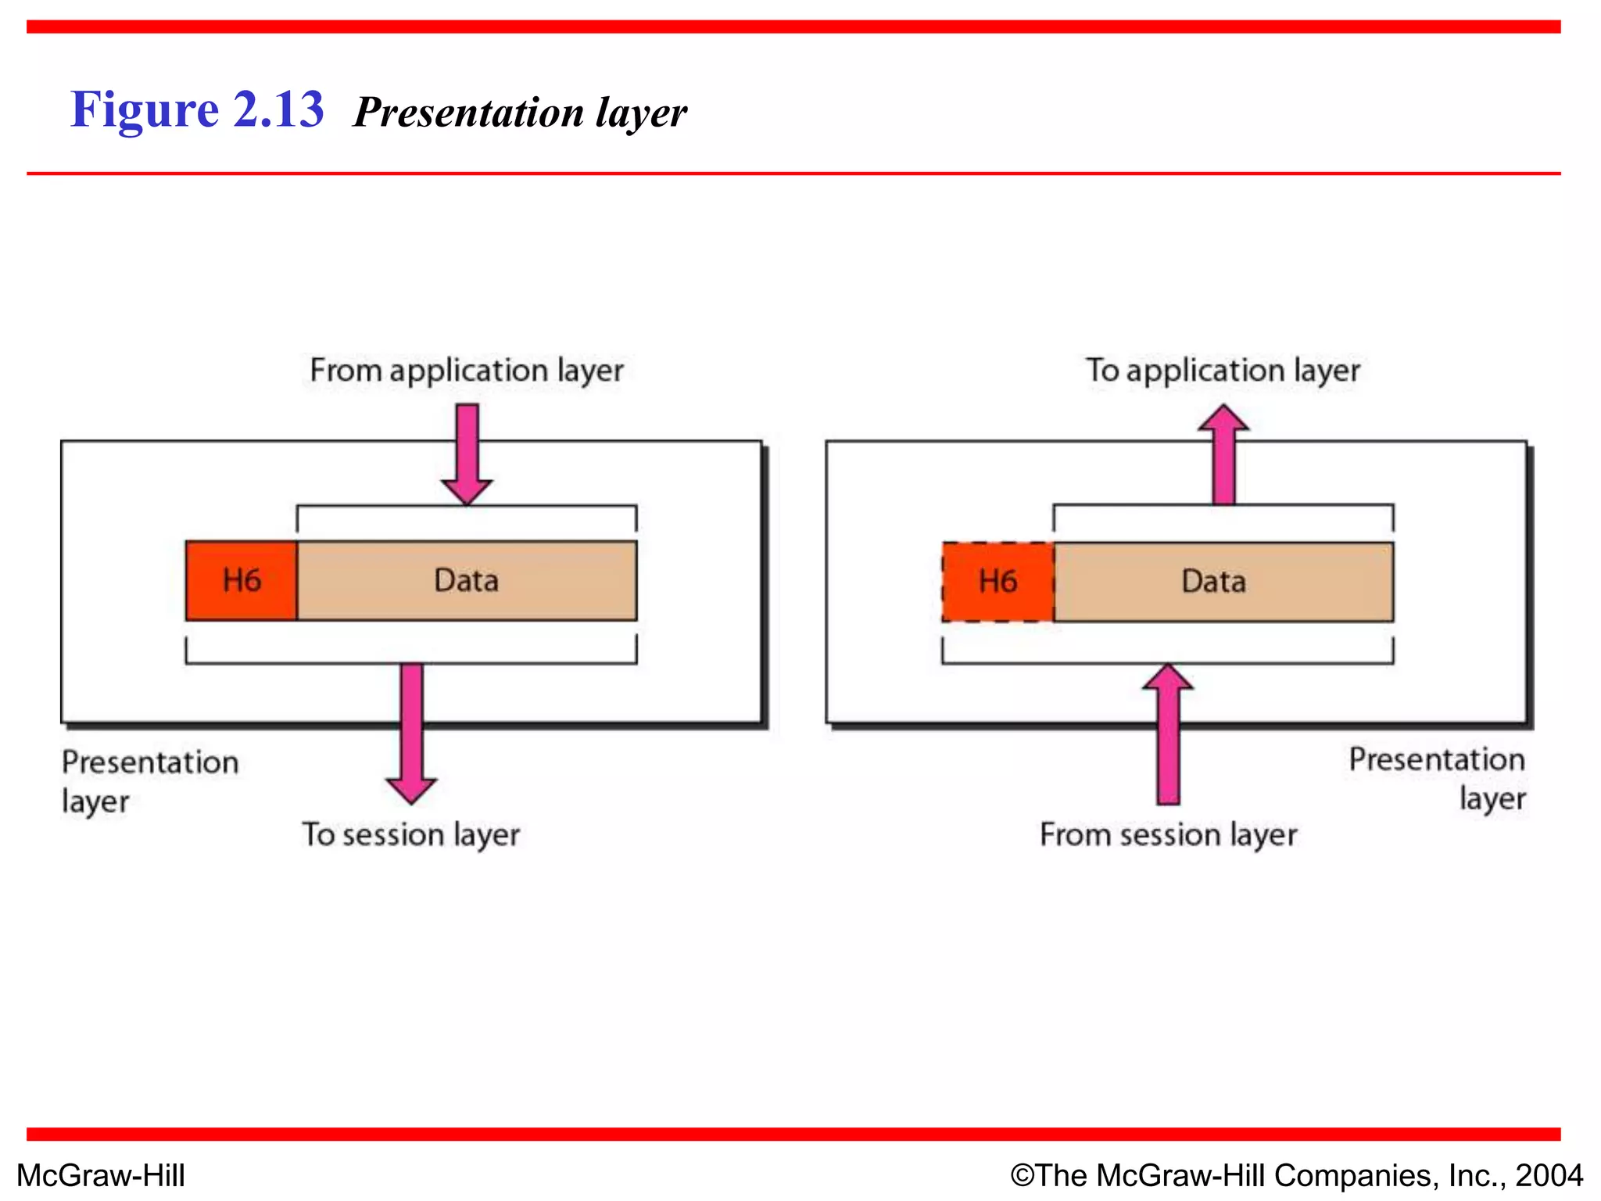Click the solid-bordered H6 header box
click(241, 581)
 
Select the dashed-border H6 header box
click(997, 582)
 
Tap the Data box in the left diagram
click(467, 581)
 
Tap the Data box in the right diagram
click(1223, 582)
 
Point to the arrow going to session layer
click(411, 731)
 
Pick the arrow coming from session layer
click(1168, 735)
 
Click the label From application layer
click(467, 371)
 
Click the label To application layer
click(1223, 371)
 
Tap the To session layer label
click(411, 835)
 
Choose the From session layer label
click(1168, 835)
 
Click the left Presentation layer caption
click(149, 780)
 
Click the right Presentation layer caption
click(1437, 778)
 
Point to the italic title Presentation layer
click(520, 112)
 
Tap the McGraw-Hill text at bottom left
click(101, 1175)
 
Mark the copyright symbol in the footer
click(1023, 1175)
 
